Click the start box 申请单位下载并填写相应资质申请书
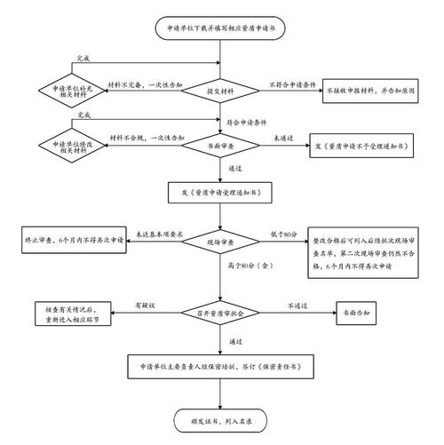click(x=219, y=28)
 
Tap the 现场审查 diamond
click(x=219, y=241)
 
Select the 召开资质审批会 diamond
click(x=219, y=312)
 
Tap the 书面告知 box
click(x=360, y=312)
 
